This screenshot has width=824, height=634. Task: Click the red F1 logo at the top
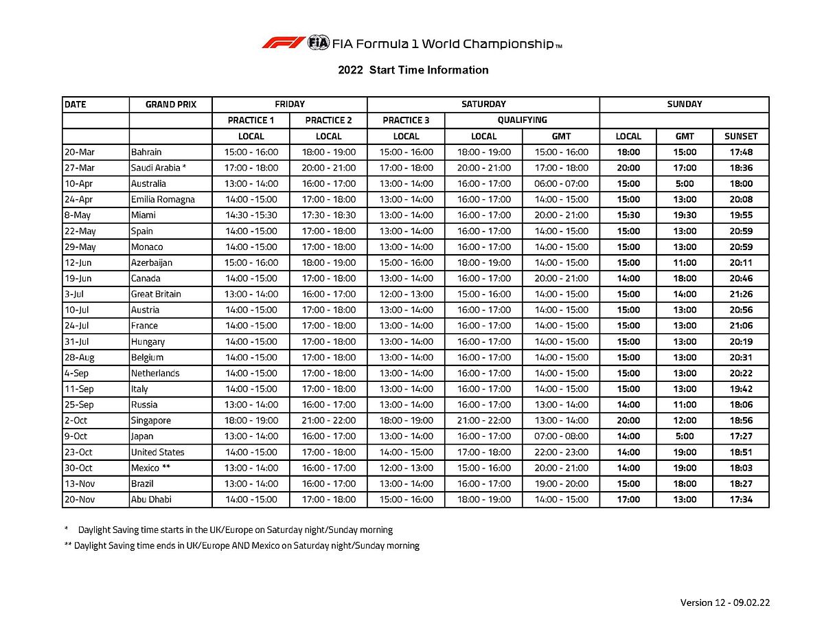tap(283, 43)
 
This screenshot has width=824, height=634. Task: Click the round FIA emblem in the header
tap(319, 43)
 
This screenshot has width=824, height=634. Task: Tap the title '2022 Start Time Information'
tap(413, 70)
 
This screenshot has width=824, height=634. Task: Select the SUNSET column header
tap(741, 136)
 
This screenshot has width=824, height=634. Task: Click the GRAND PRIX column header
tap(170, 104)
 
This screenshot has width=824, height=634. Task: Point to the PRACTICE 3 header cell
tap(406, 120)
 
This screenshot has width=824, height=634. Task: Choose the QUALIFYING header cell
tap(522, 120)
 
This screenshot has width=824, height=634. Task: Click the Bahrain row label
tap(146, 152)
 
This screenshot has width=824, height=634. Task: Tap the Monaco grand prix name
tap(147, 247)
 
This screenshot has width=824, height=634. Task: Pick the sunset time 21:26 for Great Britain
tap(741, 294)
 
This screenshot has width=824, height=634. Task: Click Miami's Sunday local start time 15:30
tap(628, 215)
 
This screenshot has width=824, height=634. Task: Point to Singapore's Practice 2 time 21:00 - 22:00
tap(328, 420)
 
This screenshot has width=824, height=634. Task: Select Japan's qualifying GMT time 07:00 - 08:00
tap(561, 436)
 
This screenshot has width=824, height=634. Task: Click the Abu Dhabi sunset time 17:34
tap(741, 499)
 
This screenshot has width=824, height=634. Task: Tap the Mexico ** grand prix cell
tap(150, 468)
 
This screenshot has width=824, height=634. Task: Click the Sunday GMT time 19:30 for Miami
tap(685, 215)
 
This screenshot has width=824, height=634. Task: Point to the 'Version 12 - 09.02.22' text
tap(725, 602)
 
